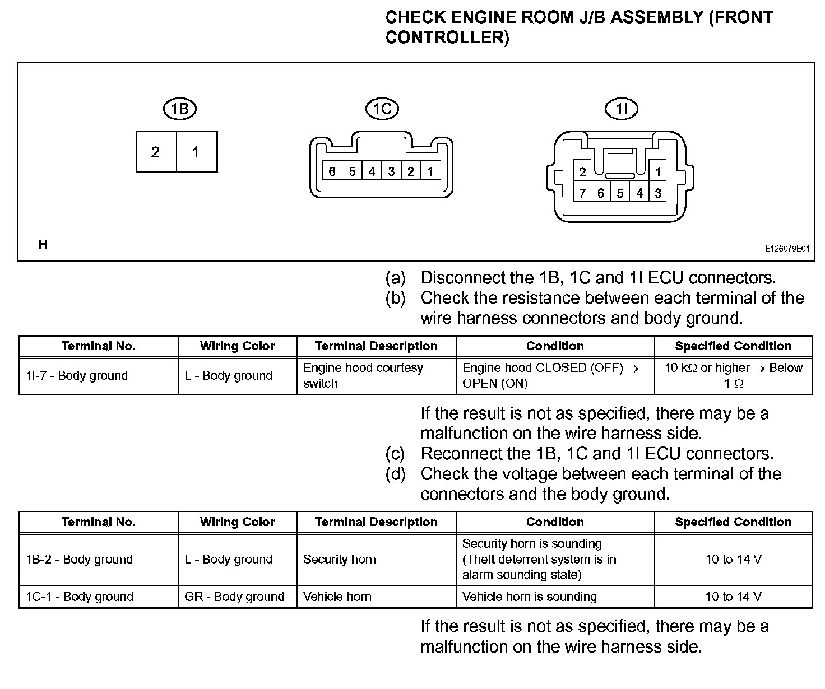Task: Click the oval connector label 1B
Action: [x=179, y=108]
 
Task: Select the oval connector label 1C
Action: [x=382, y=108]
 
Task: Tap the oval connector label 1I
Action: [x=622, y=108]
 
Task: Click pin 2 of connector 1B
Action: [x=155, y=152]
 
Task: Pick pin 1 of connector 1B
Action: [x=196, y=152]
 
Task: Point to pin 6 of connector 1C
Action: [x=332, y=171]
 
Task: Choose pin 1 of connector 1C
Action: [x=430, y=171]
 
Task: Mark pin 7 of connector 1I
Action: [x=583, y=193]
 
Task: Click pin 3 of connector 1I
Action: [x=658, y=193]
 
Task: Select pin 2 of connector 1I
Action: [x=583, y=173]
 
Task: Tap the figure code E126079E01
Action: [x=787, y=249]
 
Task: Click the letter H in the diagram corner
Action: [x=43, y=244]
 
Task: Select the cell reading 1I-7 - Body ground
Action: [x=77, y=375]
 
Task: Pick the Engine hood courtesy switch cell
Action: [x=363, y=375]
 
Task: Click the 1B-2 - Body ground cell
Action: [x=79, y=559]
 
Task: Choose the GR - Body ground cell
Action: [x=234, y=597]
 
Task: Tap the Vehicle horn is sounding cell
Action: [x=529, y=597]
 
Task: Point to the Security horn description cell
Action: [x=339, y=559]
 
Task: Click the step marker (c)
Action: [x=395, y=453]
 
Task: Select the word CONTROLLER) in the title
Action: [x=447, y=38]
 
